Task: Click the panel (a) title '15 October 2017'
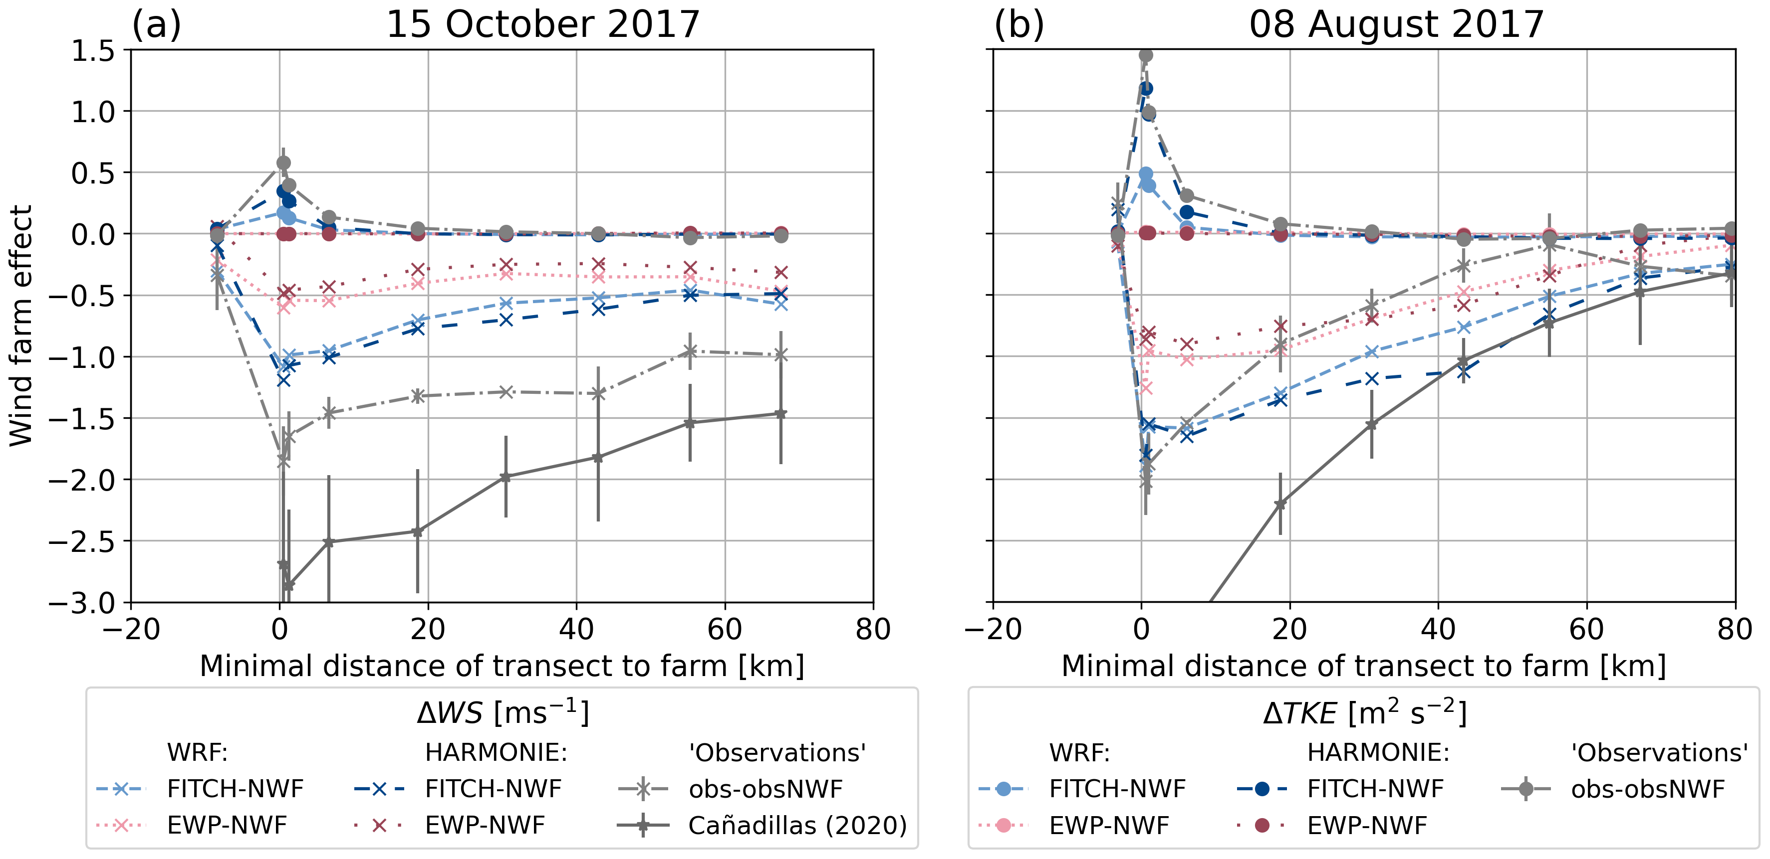point(543,25)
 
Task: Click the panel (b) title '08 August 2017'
point(1396,25)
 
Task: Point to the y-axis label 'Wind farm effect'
point(20,326)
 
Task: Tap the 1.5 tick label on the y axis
point(93,51)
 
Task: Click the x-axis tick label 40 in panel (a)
point(576,629)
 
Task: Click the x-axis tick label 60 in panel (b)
point(1586,629)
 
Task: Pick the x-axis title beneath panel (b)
point(1363,666)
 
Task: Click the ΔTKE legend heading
point(1364,713)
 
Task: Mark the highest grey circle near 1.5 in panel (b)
point(1145,56)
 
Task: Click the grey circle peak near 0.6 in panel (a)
point(283,163)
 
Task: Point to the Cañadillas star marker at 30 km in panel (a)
point(506,477)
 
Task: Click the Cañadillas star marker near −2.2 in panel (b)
point(1280,504)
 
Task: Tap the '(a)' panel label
point(157,25)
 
